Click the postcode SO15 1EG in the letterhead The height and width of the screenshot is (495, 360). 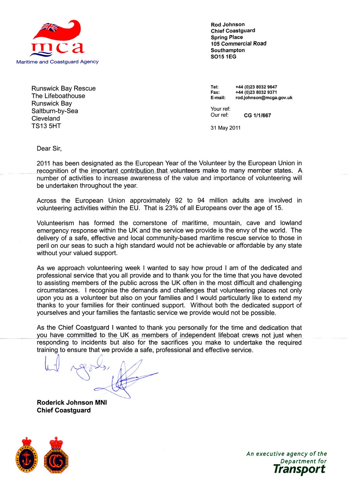[223, 57]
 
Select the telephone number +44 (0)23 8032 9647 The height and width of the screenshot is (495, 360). [256, 87]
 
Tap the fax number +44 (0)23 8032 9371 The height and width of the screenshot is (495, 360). [256, 92]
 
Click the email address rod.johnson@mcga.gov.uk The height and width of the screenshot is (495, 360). [264, 98]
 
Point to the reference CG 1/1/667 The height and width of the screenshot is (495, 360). [257, 115]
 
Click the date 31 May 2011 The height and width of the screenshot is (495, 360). [225, 128]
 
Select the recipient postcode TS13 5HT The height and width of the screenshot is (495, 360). [46, 126]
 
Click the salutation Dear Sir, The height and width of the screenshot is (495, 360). [49, 148]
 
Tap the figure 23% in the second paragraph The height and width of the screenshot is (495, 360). [171, 208]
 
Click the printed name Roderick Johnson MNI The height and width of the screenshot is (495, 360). [72, 402]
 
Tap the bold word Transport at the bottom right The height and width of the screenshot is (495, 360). [299, 469]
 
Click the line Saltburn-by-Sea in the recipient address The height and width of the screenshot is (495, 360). [55, 111]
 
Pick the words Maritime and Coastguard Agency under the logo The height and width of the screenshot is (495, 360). [57, 62]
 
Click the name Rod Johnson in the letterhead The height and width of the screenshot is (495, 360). [228, 24]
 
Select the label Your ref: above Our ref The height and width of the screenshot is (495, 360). [220, 109]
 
